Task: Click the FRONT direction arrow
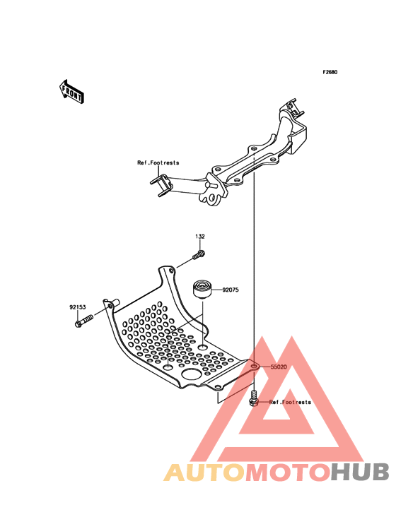[71, 92]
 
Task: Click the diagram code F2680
[330, 72]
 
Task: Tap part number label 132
[200, 237]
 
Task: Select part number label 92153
[78, 307]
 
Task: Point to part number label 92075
[231, 290]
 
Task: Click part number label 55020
[279, 367]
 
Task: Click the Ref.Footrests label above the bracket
[158, 162]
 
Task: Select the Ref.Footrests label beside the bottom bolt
[290, 402]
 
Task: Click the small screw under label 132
[198, 255]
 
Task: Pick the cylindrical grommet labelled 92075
[202, 290]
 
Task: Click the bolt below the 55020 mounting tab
[253, 398]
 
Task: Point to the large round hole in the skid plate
[192, 374]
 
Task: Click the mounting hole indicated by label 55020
[255, 366]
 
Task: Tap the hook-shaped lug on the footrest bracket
[210, 197]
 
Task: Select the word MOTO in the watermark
[288, 473]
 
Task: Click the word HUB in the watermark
[360, 473]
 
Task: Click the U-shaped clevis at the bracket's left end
[161, 186]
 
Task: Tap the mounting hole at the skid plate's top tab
[171, 271]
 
